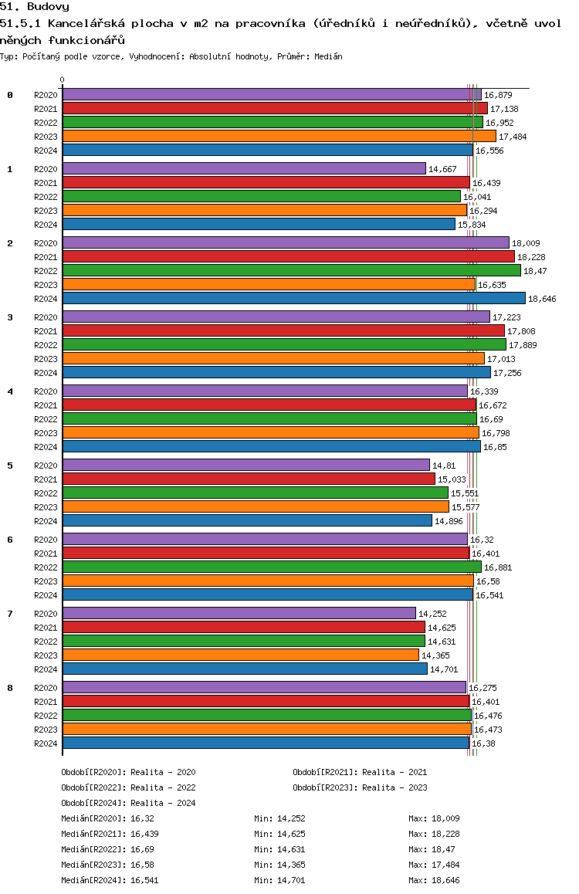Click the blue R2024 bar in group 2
[x=294, y=298]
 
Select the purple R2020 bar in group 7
[x=239, y=613]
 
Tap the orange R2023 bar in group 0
[x=279, y=137]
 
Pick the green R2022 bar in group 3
[x=284, y=344]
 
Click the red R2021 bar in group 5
[x=249, y=479]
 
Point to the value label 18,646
[x=542, y=299]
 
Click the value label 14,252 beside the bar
[x=432, y=614]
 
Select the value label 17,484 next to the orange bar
[x=513, y=137]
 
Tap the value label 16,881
[x=498, y=567]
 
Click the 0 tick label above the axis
[x=62, y=80]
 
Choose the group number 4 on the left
[x=10, y=391]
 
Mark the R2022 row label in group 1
[x=46, y=197]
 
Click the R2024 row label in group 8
[x=46, y=743]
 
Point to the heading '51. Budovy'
[x=35, y=7]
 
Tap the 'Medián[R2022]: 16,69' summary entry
[x=108, y=849]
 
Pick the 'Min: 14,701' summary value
[x=279, y=880]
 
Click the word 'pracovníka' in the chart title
[x=271, y=24]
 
